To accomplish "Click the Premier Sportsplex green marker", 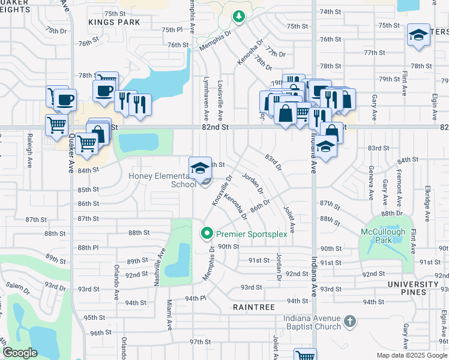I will pyautogui.click(x=207, y=233).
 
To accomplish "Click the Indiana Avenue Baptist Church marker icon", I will pyautogui.click(x=350, y=322).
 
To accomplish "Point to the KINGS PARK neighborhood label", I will pyautogui.click(x=114, y=22).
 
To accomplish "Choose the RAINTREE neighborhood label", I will pyautogui.click(x=255, y=307).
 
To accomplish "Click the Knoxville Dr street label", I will pyautogui.click(x=221, y=190).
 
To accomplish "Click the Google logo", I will pyautogui.click(x=20, y=353).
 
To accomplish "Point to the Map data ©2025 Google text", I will pyautogui.click(x=411, y=355).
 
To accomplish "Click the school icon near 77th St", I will pyautogui.click(x=418, y=35).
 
